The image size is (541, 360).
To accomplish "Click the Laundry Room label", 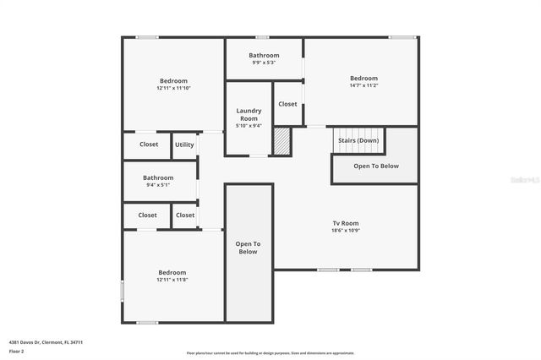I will pyautogui.click(x=249, y=114).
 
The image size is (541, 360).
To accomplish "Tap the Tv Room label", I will pyautogui.click(x=345, y=223).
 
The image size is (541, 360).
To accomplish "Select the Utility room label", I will pyautogui.click(x=184, y=145).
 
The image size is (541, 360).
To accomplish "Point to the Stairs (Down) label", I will pyautogui.click(x=358, y=139).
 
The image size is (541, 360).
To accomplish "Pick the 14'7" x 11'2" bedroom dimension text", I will pyautogui.click(x=363, y=85).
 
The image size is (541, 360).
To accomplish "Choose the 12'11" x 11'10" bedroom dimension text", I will pyautogui.click(x=173, y=88).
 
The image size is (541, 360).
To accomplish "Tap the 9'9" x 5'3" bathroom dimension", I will pyautogui.click(x=264, y=63).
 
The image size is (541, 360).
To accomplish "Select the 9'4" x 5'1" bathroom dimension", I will pyautogui.click(x=158, y=184).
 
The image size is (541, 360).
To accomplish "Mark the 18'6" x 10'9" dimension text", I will pyautogui.click(x=345, y=230).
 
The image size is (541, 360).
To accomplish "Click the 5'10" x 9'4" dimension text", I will pyautogui.click(x=249, y=126).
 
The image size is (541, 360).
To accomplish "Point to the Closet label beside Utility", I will pyautogui.click(x=149, y=145).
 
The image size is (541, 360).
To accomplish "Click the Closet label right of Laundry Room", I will pyautogui.click(x=287, y=104).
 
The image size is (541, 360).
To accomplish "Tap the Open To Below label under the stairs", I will pyautogui.click(x=375, y=166).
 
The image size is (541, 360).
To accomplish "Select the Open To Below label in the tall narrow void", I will pyautogui.click(x=248, y=248).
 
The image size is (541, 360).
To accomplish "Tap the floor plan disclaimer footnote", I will pyautogui.click(x=270, y=353).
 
